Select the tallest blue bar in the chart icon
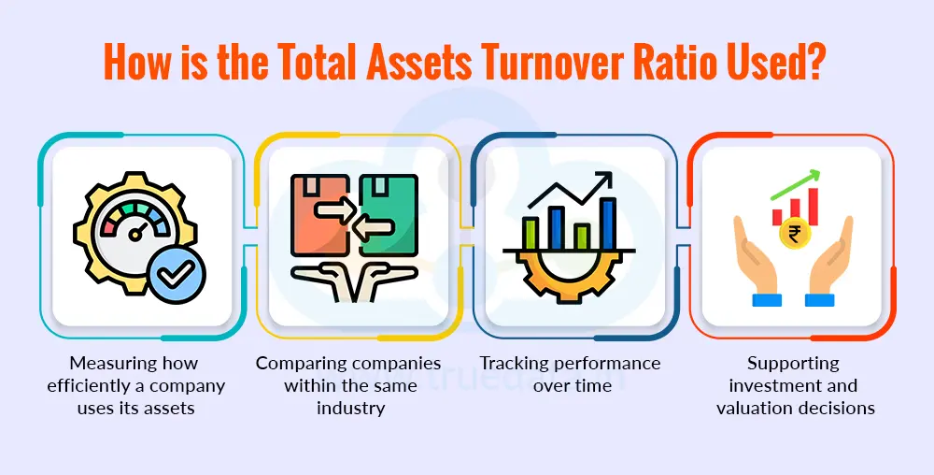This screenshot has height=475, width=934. tap(608, 223)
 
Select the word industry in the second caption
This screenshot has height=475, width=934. tap(348, 408)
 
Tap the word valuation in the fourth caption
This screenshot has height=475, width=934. tap(754, 408)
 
